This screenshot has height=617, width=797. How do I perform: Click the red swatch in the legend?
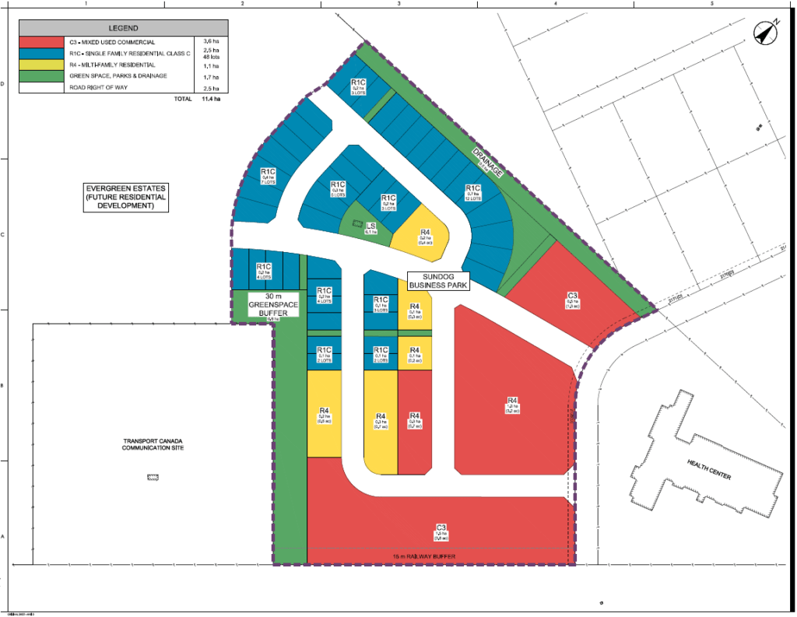point(40,41)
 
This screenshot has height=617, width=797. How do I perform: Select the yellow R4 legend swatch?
point(40,65)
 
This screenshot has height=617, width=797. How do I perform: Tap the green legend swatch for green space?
point(40,76)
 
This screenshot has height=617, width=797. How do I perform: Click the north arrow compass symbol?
point(766,33)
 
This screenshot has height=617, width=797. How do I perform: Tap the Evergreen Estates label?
point(127,198)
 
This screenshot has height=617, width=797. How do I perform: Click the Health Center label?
point(709,469)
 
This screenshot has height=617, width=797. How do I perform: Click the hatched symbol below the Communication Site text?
point(153,476)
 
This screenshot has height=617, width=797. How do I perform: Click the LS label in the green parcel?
point(371,226)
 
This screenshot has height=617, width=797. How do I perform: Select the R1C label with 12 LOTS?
point(472,192)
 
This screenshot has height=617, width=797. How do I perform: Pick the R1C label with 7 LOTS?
point(269,175)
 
